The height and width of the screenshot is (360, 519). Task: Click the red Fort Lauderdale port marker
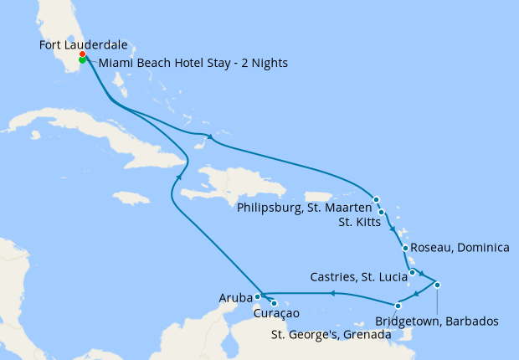point(82,55)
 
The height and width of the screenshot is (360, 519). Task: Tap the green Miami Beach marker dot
point(82,60)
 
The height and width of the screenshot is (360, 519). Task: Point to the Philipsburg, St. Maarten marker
point(377,199)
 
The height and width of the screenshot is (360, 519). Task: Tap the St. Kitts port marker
point(382,212)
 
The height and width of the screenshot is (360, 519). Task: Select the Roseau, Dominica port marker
point(405,248)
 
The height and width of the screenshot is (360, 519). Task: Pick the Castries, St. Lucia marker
point(413,272)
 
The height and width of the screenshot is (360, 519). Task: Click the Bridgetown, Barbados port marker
point(437,285)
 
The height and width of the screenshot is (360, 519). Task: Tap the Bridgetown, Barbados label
point(437,321)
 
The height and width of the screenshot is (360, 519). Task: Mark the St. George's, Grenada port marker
point(398,305)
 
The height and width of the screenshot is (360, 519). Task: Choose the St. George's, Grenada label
point(330,335)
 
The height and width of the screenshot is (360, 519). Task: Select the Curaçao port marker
point(274,303)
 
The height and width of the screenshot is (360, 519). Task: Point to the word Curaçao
point(276,314)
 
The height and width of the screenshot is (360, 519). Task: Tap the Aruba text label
point(235,298)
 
